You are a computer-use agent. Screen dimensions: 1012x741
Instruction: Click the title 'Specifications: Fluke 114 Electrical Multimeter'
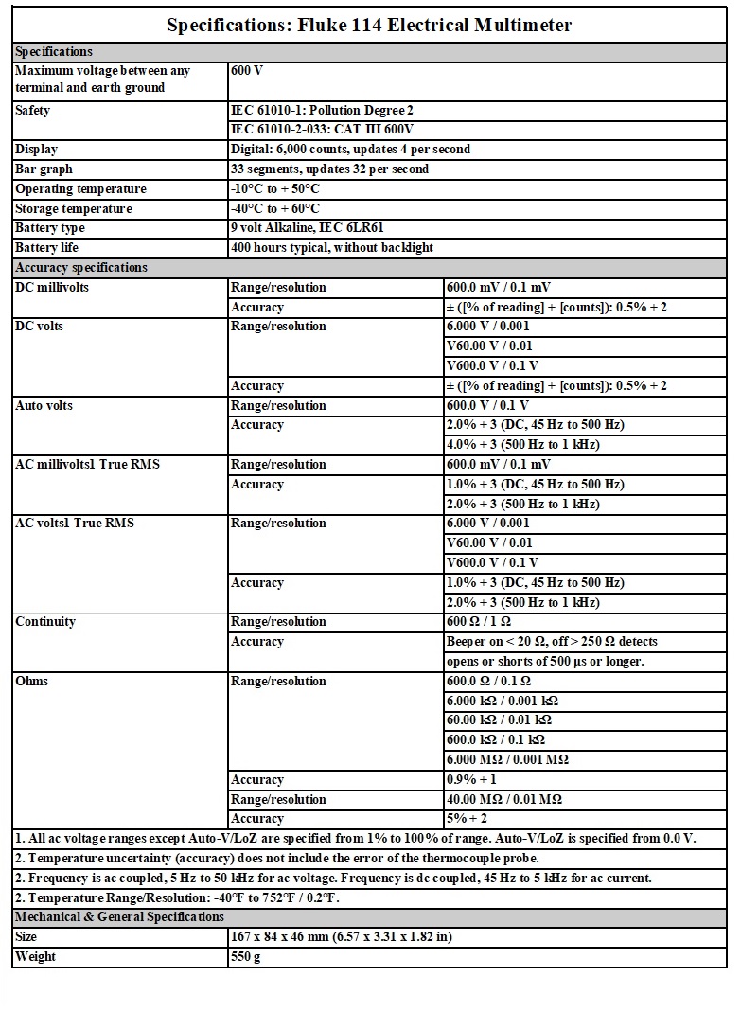click(369, 26)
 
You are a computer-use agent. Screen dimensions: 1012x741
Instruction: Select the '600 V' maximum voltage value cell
click(247, 71)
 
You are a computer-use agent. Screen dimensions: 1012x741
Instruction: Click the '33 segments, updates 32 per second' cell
click(329, 169)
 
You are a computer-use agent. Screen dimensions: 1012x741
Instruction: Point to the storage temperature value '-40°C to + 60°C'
click(275, 208)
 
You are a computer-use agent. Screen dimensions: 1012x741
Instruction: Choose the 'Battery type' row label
click(50, 228)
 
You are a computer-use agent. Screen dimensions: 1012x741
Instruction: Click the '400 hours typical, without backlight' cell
click(332, 248)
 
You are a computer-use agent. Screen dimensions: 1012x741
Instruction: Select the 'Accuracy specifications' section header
click(81, 268)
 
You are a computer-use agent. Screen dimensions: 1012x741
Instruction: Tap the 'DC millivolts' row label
click(52, 288)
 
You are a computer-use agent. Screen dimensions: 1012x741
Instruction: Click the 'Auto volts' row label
click(44, 406)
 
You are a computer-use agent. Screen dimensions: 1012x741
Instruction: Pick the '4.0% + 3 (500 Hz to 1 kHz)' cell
click(522, 445)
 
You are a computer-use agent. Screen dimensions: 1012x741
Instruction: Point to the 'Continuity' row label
click(45, 622)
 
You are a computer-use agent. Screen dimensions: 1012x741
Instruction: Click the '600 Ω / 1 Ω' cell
click(479, 622)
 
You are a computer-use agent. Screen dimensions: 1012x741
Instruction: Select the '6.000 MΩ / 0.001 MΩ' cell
click(507, 760)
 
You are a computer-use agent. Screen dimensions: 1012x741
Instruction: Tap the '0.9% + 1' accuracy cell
click(471, 780)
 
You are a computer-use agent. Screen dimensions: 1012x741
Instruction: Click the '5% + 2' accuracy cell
click(468, 819)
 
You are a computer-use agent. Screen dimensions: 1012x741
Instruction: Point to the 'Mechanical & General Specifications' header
click(119, 917)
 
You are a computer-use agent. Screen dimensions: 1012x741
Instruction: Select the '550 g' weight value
click(246, 957)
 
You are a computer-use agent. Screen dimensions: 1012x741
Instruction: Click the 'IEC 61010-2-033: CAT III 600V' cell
click(323, 130)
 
